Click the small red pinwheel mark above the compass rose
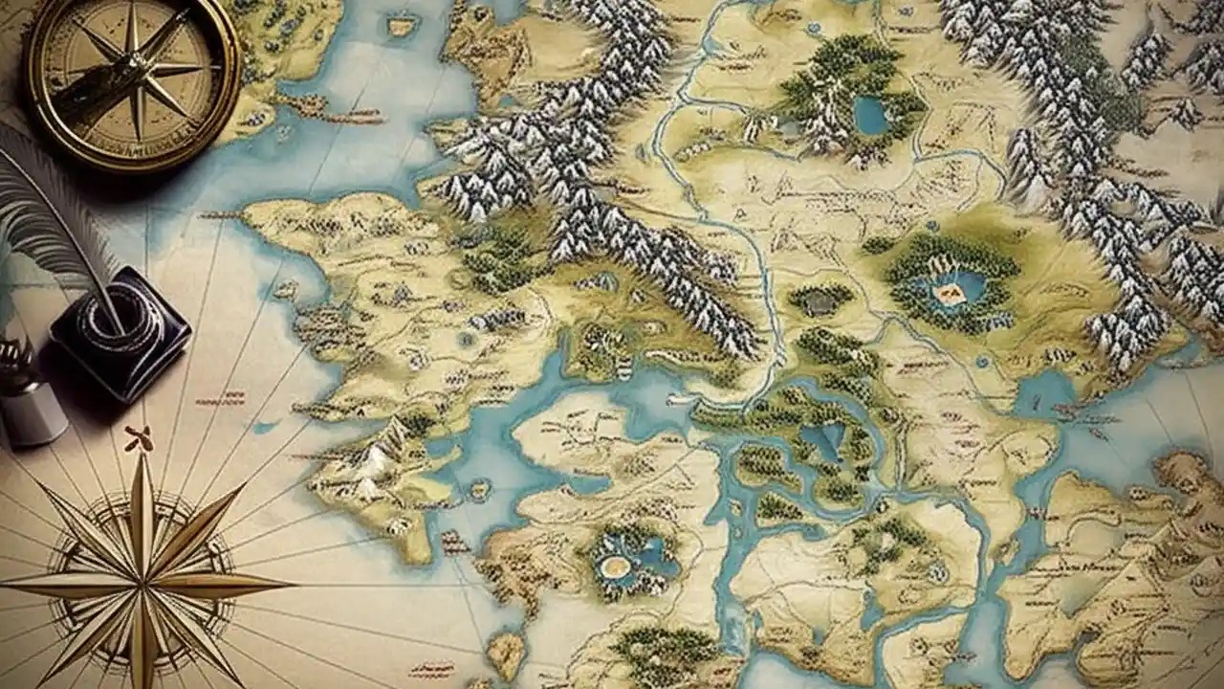point(138,438)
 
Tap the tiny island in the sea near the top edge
point(403,26)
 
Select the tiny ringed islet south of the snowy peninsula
point(478,490)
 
